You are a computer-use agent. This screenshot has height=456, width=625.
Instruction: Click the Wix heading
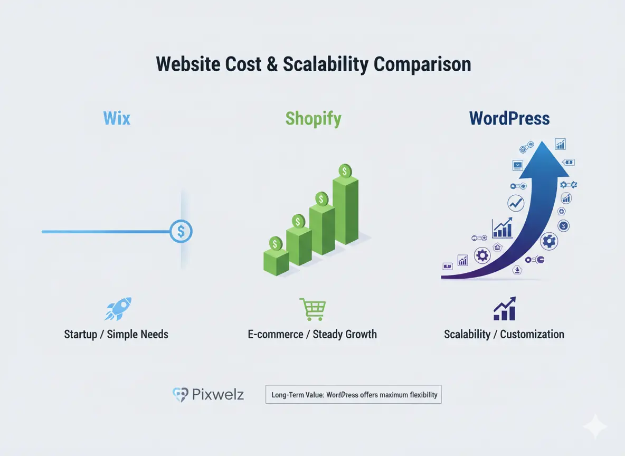tap(117, 118)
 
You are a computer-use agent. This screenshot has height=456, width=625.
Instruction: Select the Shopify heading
tap(313, 118)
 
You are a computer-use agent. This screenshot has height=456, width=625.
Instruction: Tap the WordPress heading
tap(509, 118)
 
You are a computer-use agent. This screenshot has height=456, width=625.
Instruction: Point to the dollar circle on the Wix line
tap(181, 231)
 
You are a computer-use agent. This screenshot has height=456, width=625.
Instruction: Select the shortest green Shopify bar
tap(276, 262)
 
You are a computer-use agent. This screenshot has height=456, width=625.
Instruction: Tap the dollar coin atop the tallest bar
tap(345, 171)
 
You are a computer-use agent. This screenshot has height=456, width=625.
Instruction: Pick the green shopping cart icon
tap(312, 309)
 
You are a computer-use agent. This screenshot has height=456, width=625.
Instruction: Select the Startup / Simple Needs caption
tap(116, 334)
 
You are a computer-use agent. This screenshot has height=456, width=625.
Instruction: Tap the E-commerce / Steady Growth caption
tap(312, 334)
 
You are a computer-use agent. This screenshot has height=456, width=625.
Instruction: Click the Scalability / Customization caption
tap(504, 334)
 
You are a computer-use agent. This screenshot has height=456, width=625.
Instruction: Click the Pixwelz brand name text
tap(218, 394)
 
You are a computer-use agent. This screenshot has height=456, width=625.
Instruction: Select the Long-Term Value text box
tap(353, 394)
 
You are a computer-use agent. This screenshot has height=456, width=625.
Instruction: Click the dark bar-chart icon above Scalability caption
tap(504, 309)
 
